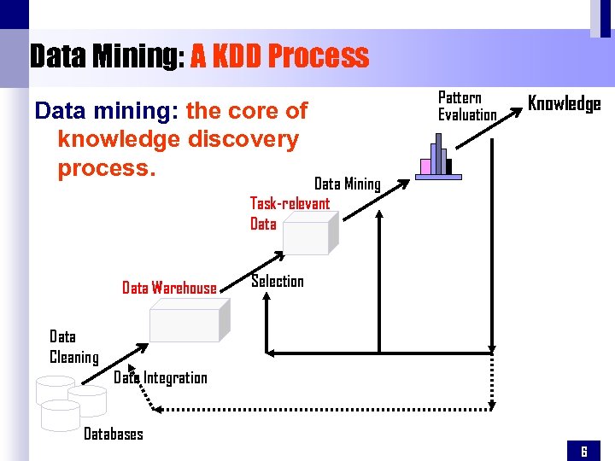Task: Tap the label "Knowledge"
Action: (564, 104)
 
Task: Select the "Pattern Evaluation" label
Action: (466, 107)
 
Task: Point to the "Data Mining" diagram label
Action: (347, 184)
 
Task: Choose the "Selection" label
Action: (277, 282)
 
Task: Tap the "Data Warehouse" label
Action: (169, 288)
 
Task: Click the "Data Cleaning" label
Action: (73, 347)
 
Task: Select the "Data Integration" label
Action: (161, 377)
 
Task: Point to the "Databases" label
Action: (113, 434)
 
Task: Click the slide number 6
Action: (584, 451)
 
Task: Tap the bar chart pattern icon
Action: (437, 158)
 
